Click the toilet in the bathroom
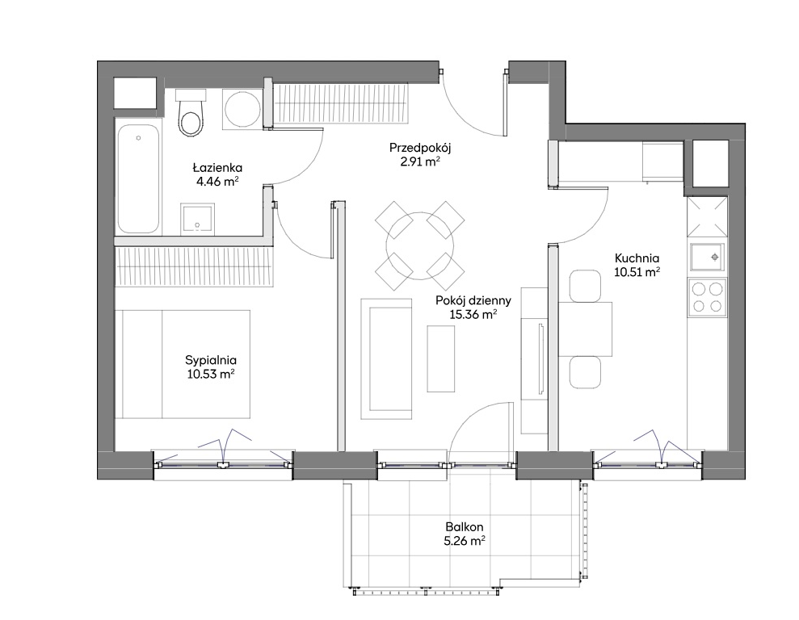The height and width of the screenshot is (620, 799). tap(190, 112)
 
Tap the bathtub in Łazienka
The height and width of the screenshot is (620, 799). tap(137, 178)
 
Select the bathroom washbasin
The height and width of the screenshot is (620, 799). tap(198, 219)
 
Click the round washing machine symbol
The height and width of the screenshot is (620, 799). tap(242, 108)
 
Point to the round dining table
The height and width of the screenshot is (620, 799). tap(420, 245)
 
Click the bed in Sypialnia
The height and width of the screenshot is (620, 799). tap(186, 364)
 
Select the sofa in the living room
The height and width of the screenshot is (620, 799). tap(386, 359)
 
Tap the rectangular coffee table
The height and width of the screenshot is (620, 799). tap(441, 359)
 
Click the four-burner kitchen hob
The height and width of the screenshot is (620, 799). tap(707, 297)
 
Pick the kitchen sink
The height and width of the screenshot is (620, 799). tap(707, 257)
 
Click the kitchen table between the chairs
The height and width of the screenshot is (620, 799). tap(586, 329)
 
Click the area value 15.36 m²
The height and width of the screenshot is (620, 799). tap(473, 314)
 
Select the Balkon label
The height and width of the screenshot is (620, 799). tap(465, 527)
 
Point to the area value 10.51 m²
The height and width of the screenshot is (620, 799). tap(637, 272)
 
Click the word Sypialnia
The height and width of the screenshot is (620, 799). tap(211, 360)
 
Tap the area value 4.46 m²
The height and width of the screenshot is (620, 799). tap(217, 181)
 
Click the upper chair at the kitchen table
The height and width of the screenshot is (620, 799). tap(585, 286)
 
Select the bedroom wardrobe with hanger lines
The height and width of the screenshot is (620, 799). tap(195, 266)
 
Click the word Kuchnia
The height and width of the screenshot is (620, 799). tap(637, 258)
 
